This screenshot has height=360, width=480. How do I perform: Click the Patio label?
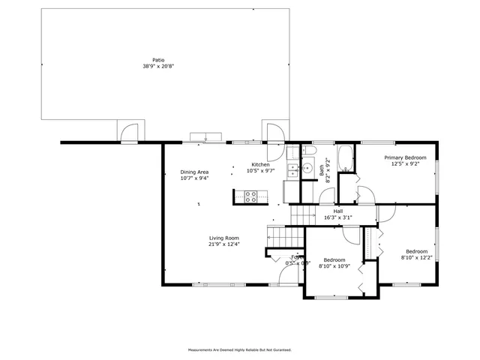158,60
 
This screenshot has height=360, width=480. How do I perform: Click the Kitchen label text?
260,164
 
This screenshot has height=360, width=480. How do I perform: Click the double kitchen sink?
293,169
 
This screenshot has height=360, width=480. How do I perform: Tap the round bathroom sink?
307,169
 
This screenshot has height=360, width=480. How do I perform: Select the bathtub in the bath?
346,158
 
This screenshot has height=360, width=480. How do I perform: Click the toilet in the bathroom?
308,152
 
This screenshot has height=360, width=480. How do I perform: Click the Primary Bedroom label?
405,157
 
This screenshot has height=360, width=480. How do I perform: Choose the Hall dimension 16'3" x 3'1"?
338,218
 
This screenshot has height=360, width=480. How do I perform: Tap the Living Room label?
223,238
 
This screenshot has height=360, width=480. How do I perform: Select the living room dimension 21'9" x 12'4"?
223,244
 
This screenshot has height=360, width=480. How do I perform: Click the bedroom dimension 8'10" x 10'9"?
334,266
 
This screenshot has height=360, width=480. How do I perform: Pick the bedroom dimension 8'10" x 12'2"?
417,258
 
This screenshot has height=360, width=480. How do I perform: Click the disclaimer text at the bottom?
239,349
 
